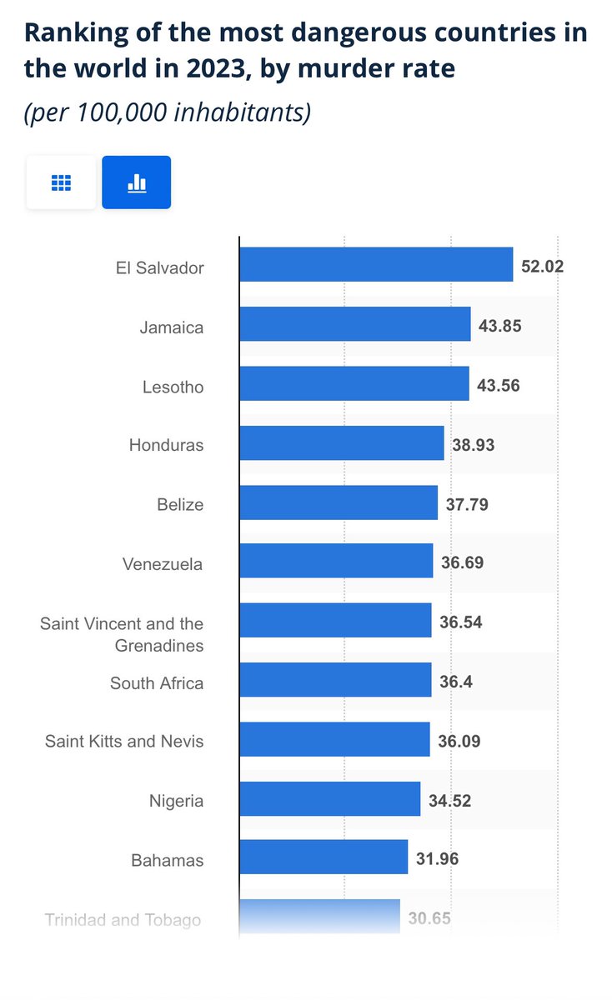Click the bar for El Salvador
(x=376, y=264)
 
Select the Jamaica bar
(x=355, y=324)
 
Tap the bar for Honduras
(x=342, y=442)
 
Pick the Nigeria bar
(x=330, y=798)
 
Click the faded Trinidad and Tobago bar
(x=320, y=916)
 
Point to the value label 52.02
(x=542, y=267)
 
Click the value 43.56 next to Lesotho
(x=499, y=385)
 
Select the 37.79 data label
(x=467, y=504)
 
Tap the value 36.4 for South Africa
(x=456, y=682)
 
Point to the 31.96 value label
(x=438, y=858)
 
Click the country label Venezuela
(x=163, y=564)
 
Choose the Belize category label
(x=180, y=504)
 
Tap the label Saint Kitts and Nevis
(x=124, y=741)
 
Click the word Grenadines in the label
(x=159, y=646)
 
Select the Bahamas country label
(x=168, y=860)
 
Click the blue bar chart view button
(x=136, y=182)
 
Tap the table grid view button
(x=61, y=182)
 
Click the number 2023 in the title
(x=215, y=68)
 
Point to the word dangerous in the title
(x=359, y=33)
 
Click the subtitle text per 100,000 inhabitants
(x=167, y=112)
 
